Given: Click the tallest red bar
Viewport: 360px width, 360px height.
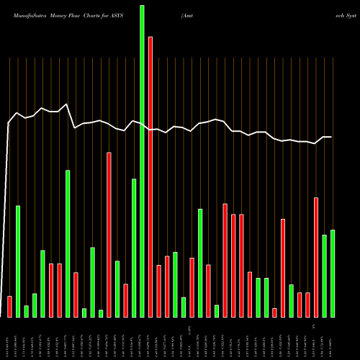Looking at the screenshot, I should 150,176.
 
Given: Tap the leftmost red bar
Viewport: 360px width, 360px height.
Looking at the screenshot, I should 9,306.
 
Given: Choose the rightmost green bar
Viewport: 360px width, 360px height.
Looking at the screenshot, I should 333,273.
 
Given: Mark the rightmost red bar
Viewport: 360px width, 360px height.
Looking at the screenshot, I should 316,256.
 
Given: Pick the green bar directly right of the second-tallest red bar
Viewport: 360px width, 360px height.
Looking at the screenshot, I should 117,288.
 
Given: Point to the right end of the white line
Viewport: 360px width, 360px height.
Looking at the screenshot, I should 331,137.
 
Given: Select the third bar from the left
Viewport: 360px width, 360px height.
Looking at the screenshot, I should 26,311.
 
